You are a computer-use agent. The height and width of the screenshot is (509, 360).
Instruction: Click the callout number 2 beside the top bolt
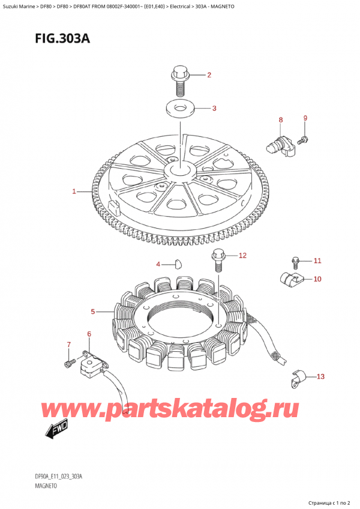[209, 75]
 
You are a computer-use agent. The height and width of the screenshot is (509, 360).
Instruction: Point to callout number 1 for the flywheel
[74, 191]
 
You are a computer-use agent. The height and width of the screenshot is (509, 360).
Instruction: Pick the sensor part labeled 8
[280, 146]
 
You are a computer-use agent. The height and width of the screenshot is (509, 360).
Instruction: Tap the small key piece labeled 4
[177, 264]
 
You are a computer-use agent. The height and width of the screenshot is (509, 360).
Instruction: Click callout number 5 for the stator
[93, 312]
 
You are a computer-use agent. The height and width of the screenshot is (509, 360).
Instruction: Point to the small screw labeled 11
[295, 263]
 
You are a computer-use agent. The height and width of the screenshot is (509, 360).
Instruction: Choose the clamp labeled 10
[291, 278]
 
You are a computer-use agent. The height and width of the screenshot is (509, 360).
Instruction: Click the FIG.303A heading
[62, 38]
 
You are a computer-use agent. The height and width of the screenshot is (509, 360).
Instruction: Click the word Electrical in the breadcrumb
[180, 6]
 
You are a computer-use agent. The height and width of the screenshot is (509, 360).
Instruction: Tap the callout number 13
[320, 376]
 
